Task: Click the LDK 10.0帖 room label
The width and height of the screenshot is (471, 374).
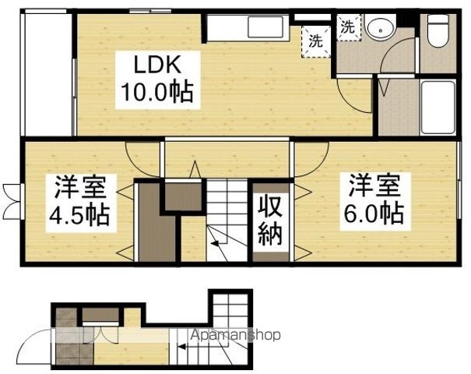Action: (157, 80)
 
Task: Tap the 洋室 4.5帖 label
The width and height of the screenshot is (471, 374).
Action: (79, 203)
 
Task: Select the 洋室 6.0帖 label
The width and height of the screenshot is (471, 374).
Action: (374, 202)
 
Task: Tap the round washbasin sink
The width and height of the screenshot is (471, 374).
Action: (380, 30)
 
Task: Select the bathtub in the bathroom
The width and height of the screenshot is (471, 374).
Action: (438, 108)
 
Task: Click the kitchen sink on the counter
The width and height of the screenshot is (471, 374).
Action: (265, 27)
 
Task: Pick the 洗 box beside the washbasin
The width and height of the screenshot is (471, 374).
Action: (348, 27)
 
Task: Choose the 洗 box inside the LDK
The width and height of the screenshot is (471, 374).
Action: (316, 41)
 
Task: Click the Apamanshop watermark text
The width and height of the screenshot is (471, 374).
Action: (235, 334)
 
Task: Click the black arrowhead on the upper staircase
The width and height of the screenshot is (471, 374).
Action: (215, 243)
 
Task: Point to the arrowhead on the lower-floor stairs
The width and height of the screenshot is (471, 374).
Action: (181, 348)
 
